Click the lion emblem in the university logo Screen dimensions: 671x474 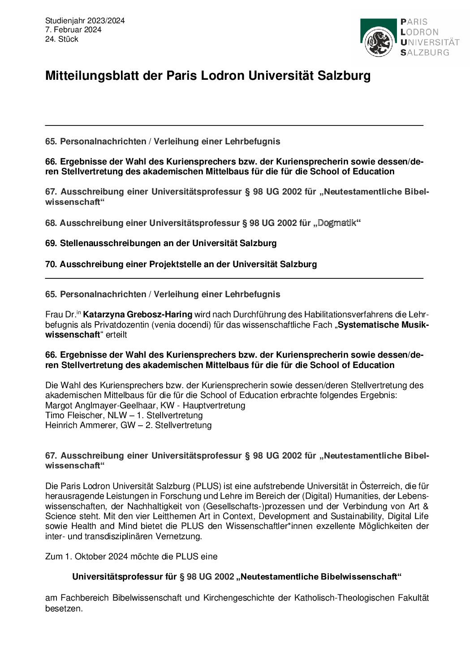click(x=379, y=42)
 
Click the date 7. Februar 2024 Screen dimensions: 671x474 click(x=73, y=30)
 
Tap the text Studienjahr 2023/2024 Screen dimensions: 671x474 click(x=85, y=21)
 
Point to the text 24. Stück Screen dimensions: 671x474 click(x=61, y=39)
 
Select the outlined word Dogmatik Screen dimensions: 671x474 click(x=336, y=223)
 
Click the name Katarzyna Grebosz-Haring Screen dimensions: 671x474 click(x=138, y=314)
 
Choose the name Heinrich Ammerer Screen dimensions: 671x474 click(x=80, y=425)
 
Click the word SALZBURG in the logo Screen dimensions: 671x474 click(x=425, y=52)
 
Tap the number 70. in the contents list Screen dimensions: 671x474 click(x=51, y=264)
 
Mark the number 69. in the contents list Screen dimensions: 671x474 click(x=51, y=243)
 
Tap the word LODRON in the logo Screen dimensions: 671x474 click(x=420, y=32)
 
